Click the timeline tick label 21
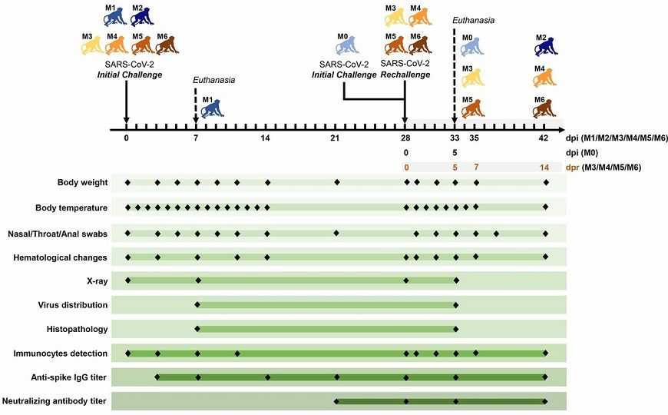point(335,138)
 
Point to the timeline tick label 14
point(265,138)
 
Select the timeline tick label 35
point(475,138)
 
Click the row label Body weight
point(82,183)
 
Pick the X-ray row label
point(97,281)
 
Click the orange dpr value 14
point(544,167)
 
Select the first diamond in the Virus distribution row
point(197,305)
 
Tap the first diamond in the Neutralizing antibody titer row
point(336,401)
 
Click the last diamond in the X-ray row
point(456,281)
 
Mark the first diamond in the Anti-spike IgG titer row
point(157,377)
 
